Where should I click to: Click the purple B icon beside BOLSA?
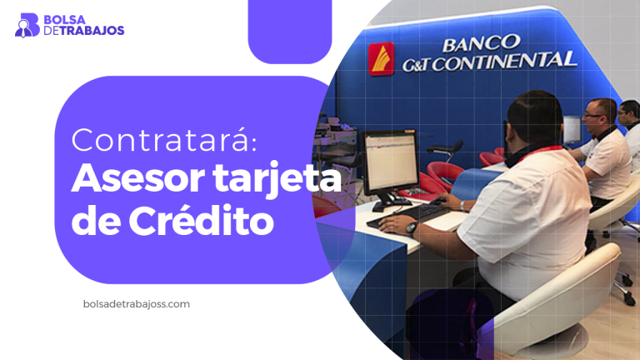(27, 24)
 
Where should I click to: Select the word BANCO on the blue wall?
(481, 42)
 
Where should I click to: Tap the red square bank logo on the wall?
(382, 59)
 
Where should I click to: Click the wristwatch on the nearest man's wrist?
(410, 227)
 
